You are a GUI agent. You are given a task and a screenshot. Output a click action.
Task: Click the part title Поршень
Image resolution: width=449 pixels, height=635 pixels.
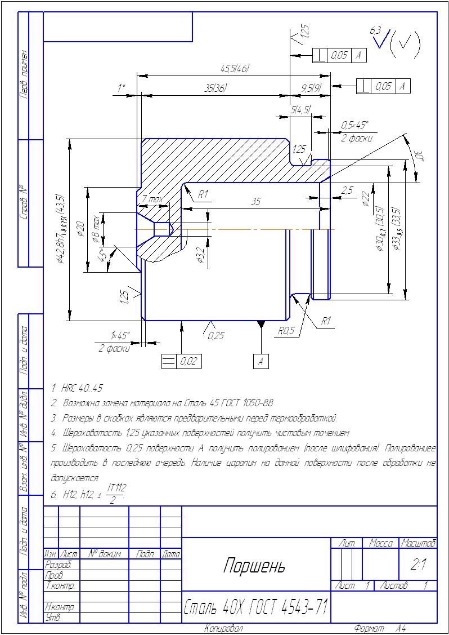254,565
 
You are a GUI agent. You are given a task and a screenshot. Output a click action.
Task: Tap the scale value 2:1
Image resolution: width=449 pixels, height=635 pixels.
417,565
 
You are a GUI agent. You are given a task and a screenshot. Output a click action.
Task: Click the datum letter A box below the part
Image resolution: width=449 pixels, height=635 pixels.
261,362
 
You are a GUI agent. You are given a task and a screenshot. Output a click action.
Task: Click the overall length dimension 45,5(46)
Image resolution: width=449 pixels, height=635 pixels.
235,69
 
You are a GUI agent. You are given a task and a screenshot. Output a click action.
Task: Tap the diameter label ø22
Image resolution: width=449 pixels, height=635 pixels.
366,198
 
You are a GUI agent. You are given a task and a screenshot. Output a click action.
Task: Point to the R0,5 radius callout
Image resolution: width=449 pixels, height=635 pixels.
286,331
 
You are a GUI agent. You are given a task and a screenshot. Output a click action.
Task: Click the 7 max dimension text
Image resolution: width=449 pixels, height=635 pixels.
152,199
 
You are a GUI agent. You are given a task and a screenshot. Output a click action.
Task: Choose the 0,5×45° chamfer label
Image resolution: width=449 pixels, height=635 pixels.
354,125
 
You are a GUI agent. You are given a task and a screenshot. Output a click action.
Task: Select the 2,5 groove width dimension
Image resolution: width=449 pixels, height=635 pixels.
347,191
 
